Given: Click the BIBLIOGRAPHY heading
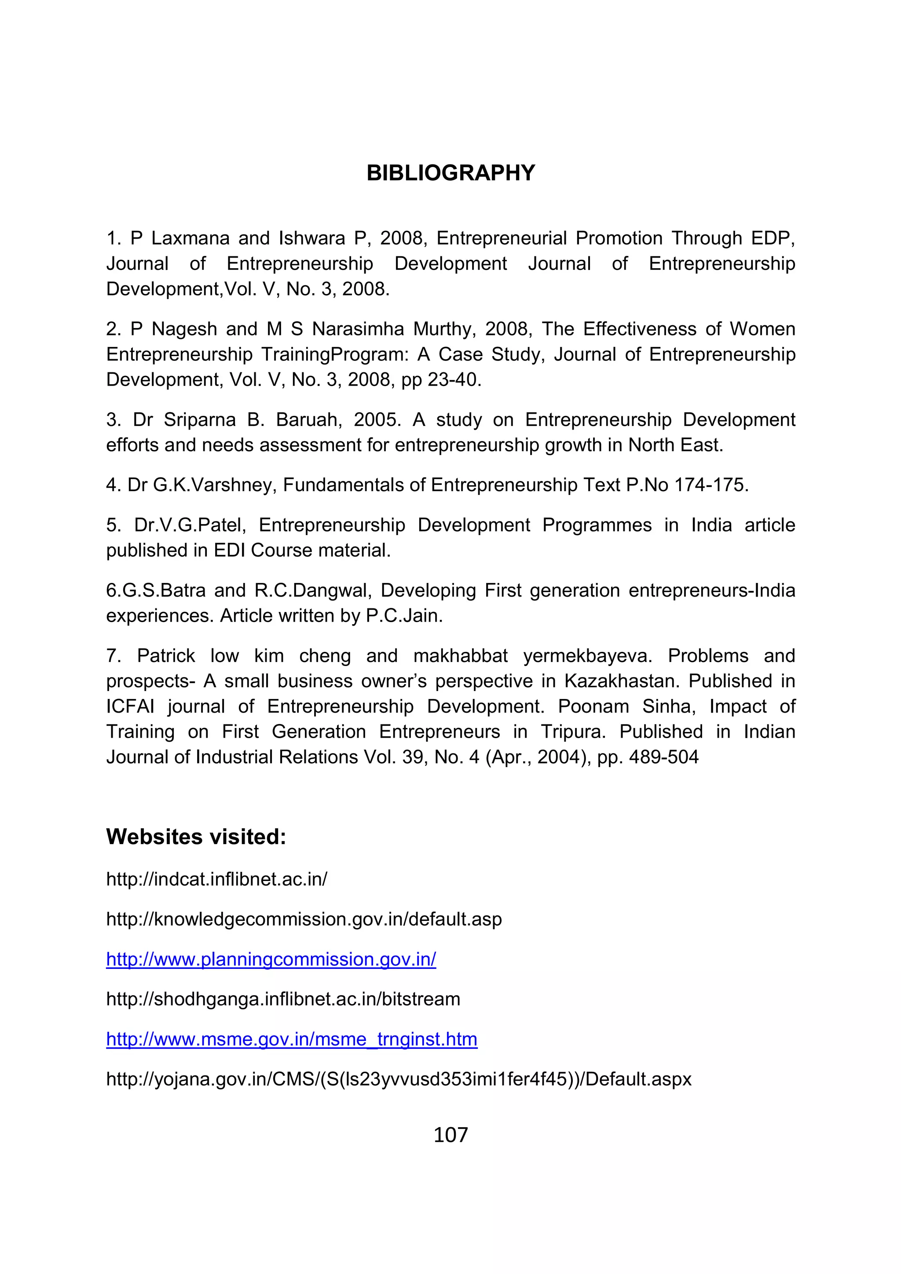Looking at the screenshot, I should pos(450,173).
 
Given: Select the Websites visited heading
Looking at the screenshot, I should pos(196,837).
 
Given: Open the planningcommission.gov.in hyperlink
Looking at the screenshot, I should pos(271,959).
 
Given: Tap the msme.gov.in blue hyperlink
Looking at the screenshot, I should pos(291,1039).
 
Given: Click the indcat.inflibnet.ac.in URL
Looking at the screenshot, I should pos(216,880).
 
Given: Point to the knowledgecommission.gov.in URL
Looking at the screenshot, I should pos(304,919).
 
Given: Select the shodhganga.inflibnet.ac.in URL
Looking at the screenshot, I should pos(283,999).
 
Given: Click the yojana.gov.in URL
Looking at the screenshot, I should pos(399,1079).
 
